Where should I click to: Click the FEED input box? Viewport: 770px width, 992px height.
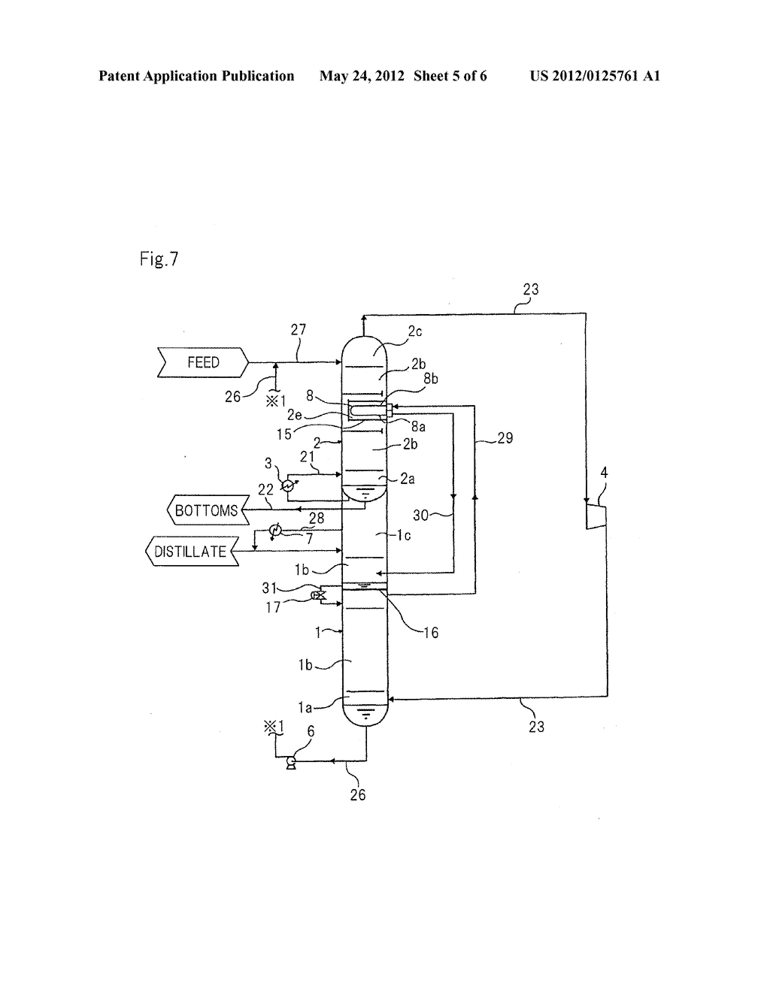click(x=202, y=362)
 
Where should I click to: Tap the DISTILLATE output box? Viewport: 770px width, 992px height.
click(x=191, y=552)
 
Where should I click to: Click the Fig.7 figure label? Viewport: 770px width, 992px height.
click(x=159, y=259)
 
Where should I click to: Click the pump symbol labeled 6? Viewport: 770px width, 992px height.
click(x=290, y=762)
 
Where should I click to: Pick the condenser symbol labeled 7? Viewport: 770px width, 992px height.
click(x=275, y=530)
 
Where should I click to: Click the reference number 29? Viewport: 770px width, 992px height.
click(x=505, y=437)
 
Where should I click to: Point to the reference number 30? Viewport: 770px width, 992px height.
click(x=423, y=515)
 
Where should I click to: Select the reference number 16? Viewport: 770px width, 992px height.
click(x=430, y=633)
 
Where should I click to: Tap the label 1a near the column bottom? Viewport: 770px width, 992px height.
click(x=305, y=706)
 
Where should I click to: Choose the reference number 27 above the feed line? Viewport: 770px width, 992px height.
click(x=298, y=330)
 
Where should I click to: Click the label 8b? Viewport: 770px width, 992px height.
click(x=430, y=380)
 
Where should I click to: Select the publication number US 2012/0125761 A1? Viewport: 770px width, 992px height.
click(x=594, y=76)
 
